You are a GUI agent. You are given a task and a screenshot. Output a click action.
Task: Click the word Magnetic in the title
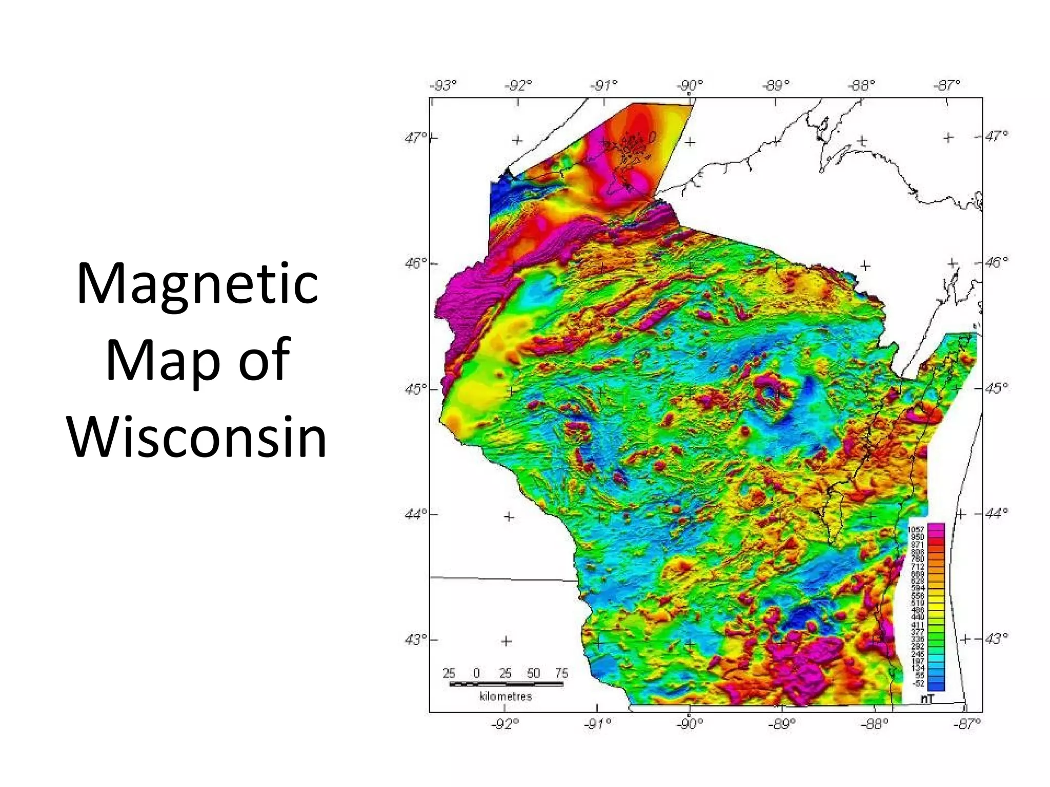pyautogui.click(x=197, y=283)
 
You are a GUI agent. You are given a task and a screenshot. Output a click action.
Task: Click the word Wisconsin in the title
pyautogui.click(x=197, y=437)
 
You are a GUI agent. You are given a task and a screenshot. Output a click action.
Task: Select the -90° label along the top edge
pyautogui.click(x=690, y=85)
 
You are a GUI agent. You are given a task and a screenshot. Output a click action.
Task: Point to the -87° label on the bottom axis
pyautogui.click(x=966, y=723)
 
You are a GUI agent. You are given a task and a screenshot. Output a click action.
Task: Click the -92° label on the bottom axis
pyautogui.click(x=505, y=723)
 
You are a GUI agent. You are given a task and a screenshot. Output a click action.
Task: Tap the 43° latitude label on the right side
pyautogui.click(x=996, y=638)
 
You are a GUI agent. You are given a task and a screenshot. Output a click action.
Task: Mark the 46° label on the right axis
pyautogui.click(x=996, y=262)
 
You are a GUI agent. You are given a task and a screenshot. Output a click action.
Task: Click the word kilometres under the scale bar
pyautogui.click(x=506, y=696)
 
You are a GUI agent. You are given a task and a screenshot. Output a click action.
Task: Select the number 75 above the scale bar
pyautogui.click(x=561, y=673)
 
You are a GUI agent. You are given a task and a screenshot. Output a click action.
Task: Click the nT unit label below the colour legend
pyautogui.click(x=927, y=698)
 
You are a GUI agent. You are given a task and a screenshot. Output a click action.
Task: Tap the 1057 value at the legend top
pyautogui.click(x=916, y=529)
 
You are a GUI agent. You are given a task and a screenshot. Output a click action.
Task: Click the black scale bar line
pyautogui.click(x=506, y=684)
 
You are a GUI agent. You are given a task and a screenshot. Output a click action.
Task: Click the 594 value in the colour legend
pyautogui.click(x=917, y=588)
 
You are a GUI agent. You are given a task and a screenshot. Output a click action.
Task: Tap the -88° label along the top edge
pyautogui.click(x=861, y=85)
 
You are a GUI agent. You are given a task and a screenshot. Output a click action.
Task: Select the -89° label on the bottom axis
pyautogui.click(x=782, y=723)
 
